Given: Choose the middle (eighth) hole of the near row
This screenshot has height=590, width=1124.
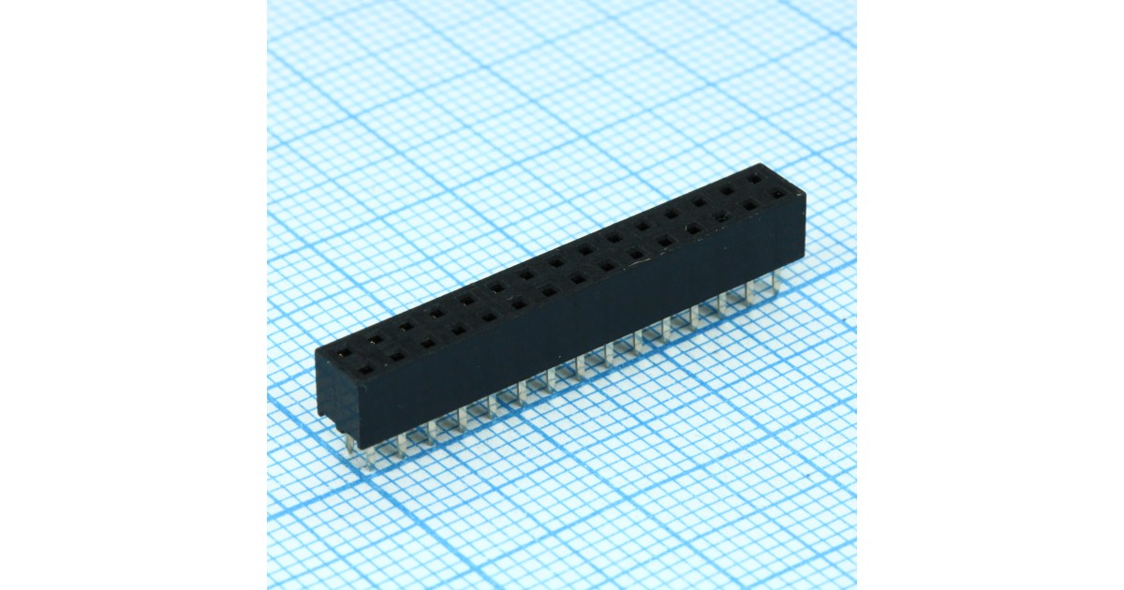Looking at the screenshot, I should coord(578,279).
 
